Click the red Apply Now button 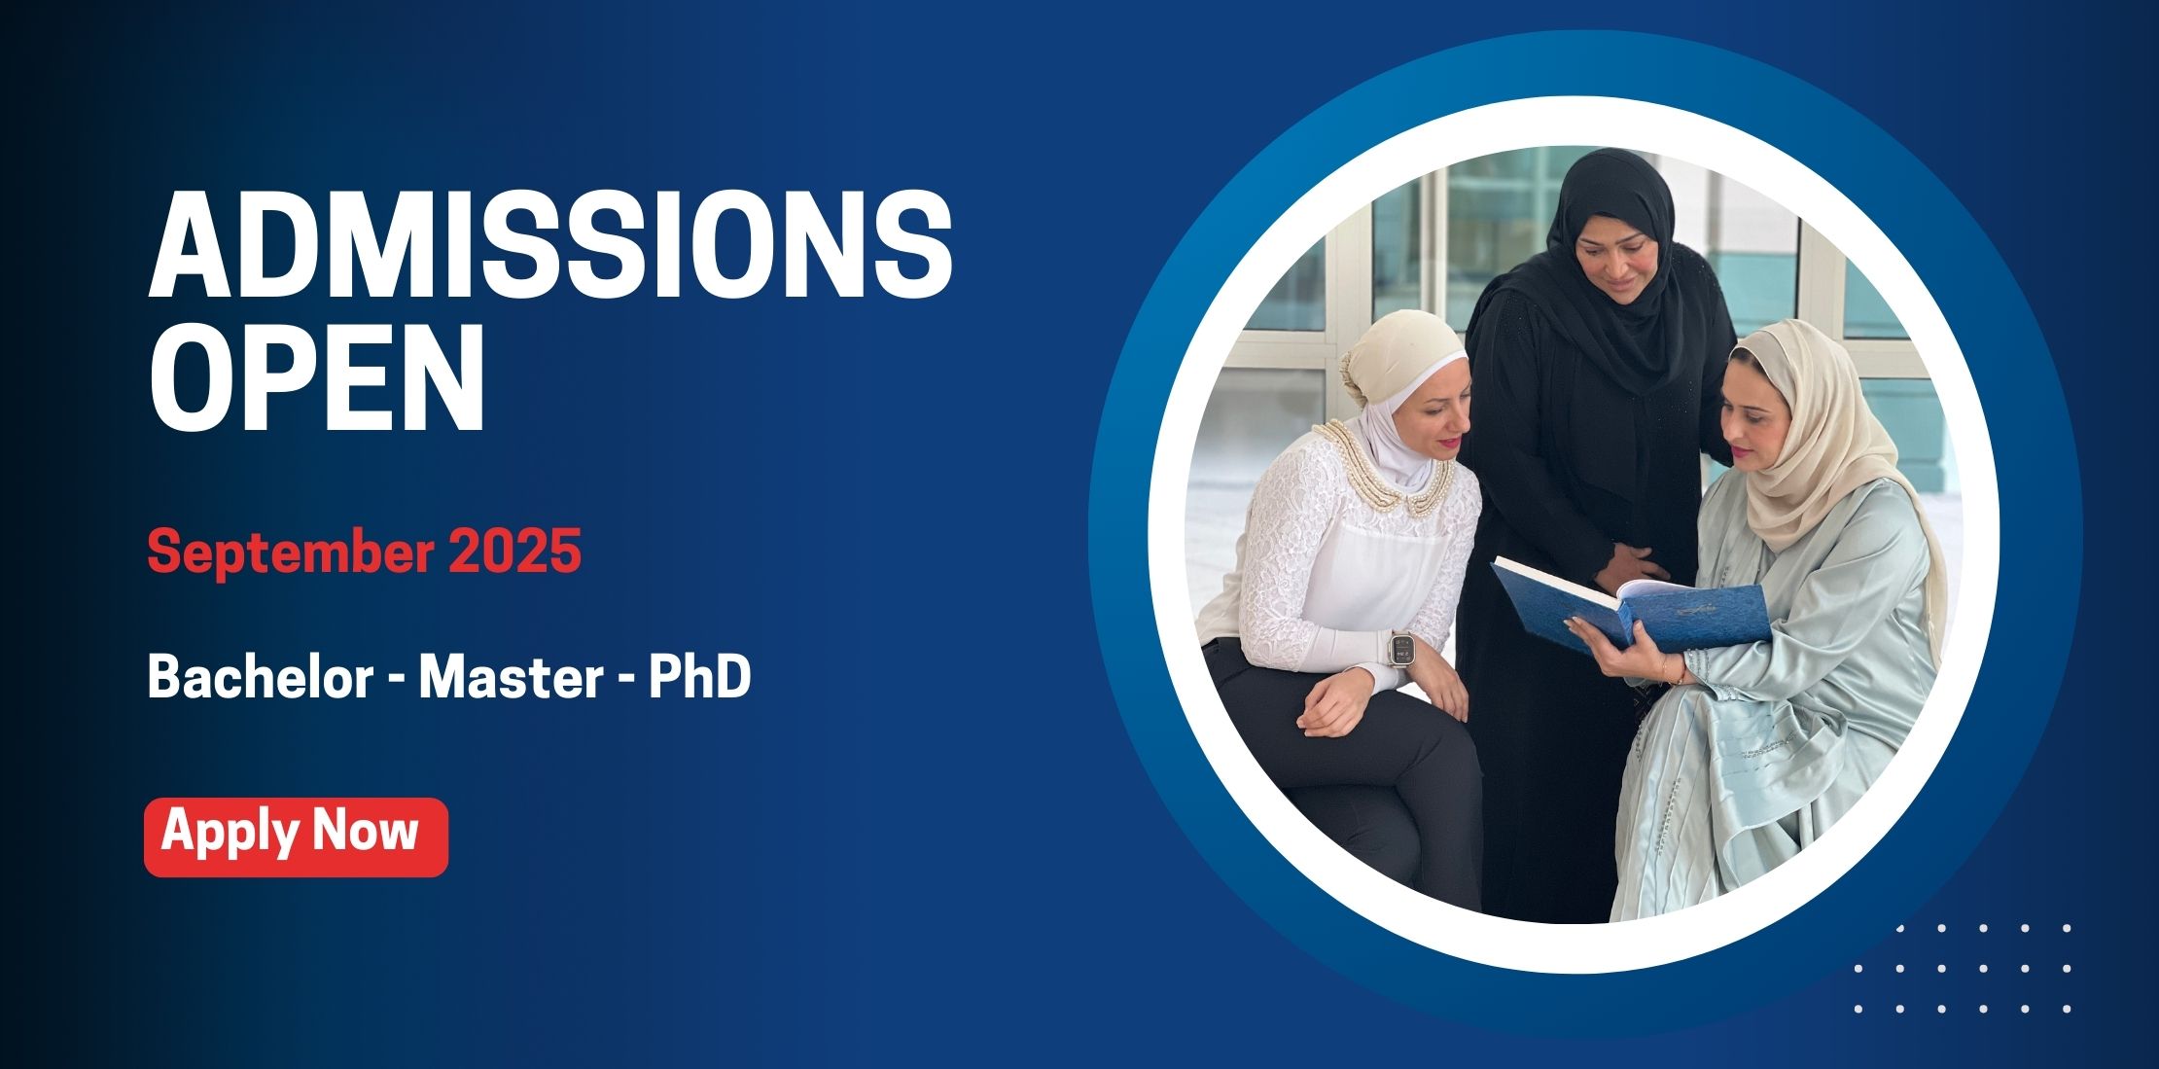coord(296,837)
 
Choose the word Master coord(512,677)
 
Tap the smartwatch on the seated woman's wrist coord(1401,647)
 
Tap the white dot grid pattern coord(1963,968)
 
